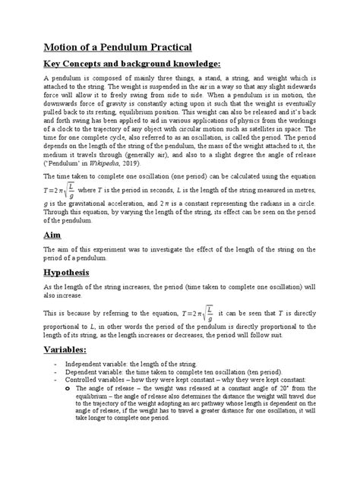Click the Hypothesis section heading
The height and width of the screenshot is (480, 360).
pos(67,293)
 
